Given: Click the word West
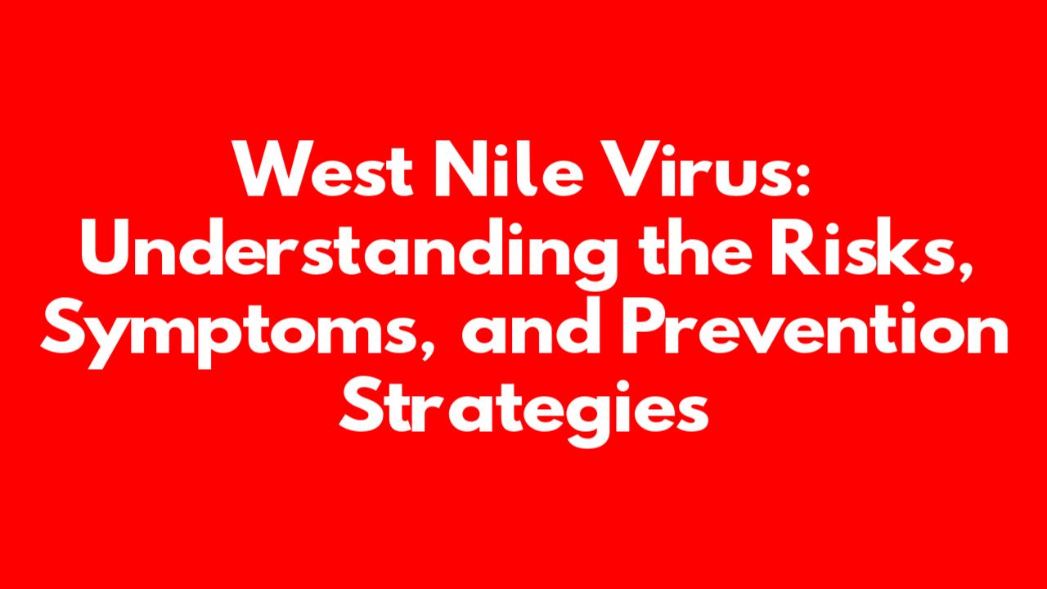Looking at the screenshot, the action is [x=323, y=169].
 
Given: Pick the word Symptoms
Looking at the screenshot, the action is [x=227, y=333].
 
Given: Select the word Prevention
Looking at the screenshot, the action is [x=815, y=326].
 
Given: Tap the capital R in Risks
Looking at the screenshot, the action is [x=794, y=248].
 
